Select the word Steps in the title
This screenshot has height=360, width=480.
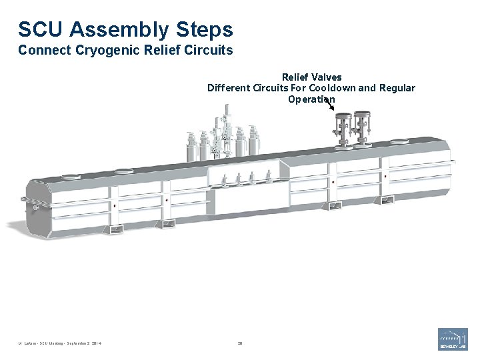pyautogui.click(x=205, y=30)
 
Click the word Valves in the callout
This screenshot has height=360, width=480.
pyautogui.click(x=327, y=77)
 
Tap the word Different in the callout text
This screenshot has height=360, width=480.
pyautogui.click(x=228, y=88)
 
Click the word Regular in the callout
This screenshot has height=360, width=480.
pyautogui.click(x=397, y=88)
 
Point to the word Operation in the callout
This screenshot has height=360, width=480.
pyautogui.click(x=311, y=99)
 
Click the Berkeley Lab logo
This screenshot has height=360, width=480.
pyautogui.click(x=453, y=339)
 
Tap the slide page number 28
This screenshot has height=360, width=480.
pyautogui.click(x=240, y=344)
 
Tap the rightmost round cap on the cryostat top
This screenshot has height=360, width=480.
pyautogui.click(x=398, y=141)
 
